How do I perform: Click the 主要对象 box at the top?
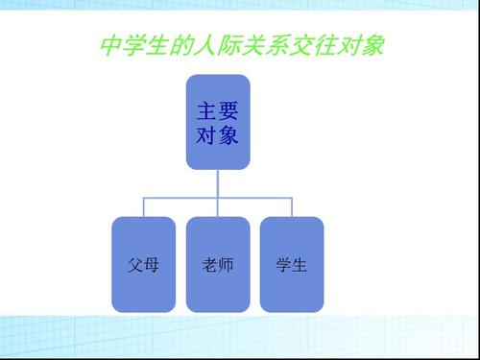(x=218, y=122)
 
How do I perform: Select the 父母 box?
(x=143, y=264)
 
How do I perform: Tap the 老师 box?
(x=218, y=264)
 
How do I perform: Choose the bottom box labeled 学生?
(x=292, y=264)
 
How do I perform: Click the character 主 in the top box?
(x=205, y=109)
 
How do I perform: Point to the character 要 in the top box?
(x=229, y=109)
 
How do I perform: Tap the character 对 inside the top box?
(x=205, y=135)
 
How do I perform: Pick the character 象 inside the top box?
(x=229, y=135)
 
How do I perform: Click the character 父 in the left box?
(x=134, y=264)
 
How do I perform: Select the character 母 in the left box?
(x=152, y=264)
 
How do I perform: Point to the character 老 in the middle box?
(x=209, y=264)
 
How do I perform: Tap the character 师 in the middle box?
(x=227, y=264)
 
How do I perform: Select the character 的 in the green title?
(x=179, y=45)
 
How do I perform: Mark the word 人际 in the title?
(x=213, y=45)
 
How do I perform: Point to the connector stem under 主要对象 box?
(x=218, y=181)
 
